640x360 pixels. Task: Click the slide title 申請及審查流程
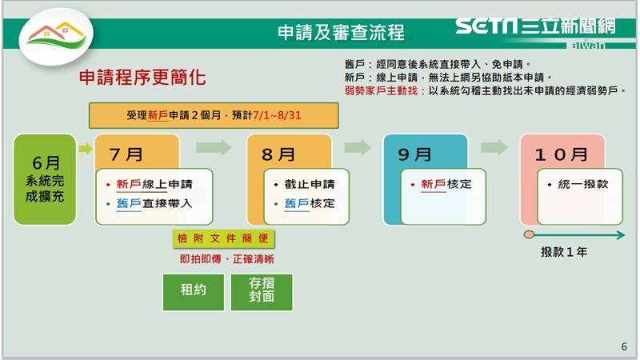pos(341,33)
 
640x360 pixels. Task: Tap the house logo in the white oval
pos(56,34)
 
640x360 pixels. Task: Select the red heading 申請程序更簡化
pos(142,77)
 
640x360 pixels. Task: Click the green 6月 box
pos(45,179)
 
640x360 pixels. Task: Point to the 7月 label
pos(126,154)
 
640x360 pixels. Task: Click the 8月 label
pos(278,154)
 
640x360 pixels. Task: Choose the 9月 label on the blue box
pos(414,154)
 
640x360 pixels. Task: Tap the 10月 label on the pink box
pos(562,154)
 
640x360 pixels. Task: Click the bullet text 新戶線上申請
pos(154,184)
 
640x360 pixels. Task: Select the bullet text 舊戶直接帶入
pos(154,203)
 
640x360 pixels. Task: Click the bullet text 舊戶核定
pos(310,203)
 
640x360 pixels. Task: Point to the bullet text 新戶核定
pos(446,184)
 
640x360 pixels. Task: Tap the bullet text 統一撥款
pos(583,184)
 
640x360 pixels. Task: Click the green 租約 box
pos(194,292)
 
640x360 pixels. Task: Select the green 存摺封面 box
pos(262,292)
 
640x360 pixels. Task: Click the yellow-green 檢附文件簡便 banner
pos(223,238)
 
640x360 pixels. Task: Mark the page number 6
pos(624,346)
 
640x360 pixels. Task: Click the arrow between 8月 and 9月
pos(358,147)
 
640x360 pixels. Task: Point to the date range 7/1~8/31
pos(277,115)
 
